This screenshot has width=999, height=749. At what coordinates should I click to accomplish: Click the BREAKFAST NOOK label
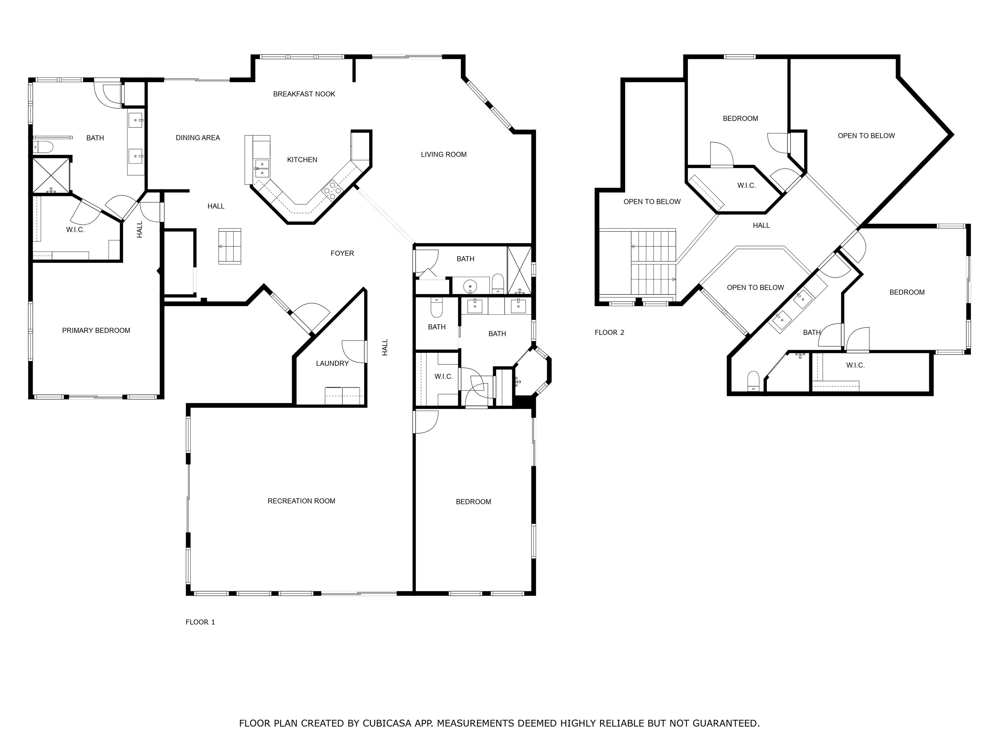pos(304,94)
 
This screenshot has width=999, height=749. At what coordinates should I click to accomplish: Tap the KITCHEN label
pos(302,159)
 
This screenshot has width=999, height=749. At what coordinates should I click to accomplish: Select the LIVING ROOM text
pos(444,154)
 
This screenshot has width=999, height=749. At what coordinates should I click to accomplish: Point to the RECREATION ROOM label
pos(301,501)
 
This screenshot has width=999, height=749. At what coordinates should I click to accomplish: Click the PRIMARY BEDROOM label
pos(96,331)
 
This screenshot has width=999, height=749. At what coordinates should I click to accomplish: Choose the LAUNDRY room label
pos(332,363)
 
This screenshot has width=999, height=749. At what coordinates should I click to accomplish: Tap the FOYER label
pos(342,253)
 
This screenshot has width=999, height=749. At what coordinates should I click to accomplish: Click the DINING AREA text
pos(198,138)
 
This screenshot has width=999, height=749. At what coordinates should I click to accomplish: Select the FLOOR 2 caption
pos(609,332)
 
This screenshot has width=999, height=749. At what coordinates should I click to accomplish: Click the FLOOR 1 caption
pos(200,622)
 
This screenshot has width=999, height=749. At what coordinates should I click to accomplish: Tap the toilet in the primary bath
pos(43,146)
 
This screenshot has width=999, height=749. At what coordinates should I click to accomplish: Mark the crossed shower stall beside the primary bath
pos(51,176)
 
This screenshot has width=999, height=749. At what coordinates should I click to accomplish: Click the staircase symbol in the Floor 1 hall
pos(230,246)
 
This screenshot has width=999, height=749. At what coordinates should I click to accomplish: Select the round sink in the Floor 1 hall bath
pos(471,286)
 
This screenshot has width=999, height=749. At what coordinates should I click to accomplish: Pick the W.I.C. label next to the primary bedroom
pos(75,230)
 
